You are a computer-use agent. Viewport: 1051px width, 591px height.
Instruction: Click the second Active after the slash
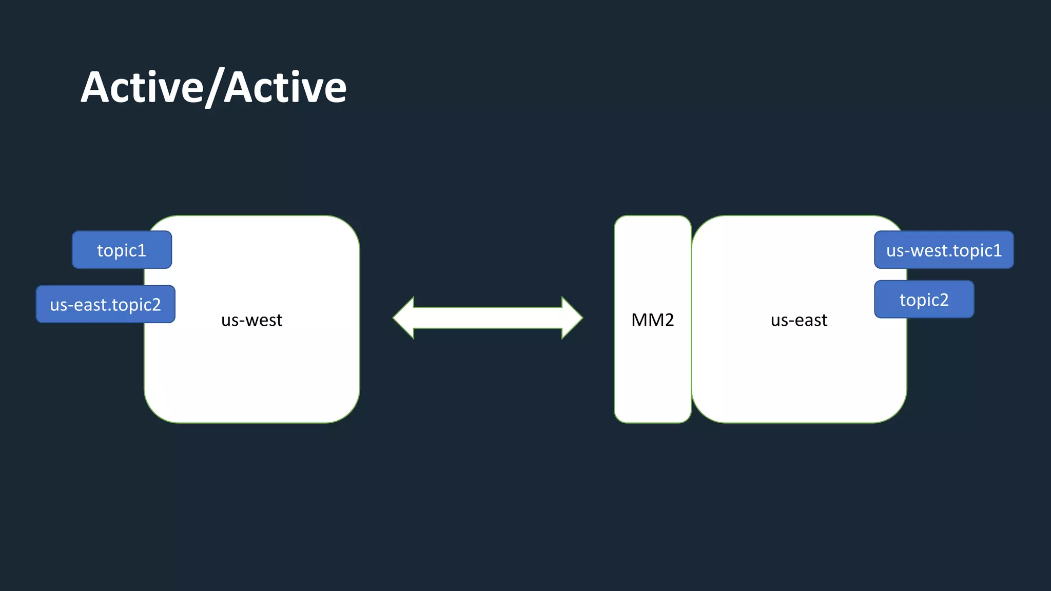click(285, 87)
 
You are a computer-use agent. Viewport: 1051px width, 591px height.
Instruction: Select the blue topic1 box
click(122, 250)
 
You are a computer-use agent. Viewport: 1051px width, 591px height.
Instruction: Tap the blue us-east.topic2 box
click(105, 304)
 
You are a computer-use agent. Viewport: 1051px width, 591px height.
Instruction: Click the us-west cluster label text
click(251, 320)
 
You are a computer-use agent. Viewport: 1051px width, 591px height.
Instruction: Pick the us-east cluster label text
click(799, 320)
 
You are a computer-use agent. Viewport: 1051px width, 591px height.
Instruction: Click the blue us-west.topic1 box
click(944, 250)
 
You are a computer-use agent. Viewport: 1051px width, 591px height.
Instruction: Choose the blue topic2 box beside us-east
click(924, 300)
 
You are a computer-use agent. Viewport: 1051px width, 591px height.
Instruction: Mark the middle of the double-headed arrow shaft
click(488, 318)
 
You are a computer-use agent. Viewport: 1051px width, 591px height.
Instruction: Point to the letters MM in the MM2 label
click(647, 320)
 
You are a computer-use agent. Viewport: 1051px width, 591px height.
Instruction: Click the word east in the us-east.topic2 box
click(91, 305)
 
